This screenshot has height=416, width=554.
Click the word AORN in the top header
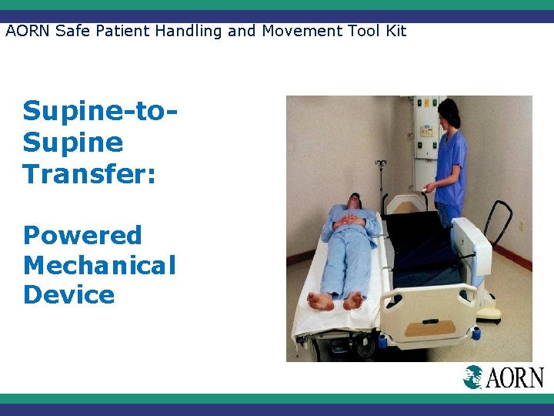point(27,32)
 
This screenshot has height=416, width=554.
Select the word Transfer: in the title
point(89,173)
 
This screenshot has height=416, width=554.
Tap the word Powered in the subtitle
point(82,235)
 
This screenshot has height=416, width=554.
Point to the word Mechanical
point(99,265)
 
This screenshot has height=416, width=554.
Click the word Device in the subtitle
point(68,295)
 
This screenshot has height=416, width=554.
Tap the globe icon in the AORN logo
point(472,377)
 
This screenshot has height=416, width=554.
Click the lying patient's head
point(352,202)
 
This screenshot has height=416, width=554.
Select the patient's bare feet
point(335,300)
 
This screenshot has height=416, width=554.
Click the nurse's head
point(449,113)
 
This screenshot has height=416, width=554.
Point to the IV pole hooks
point(380,163)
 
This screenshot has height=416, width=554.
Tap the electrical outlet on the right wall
point(521,226)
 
